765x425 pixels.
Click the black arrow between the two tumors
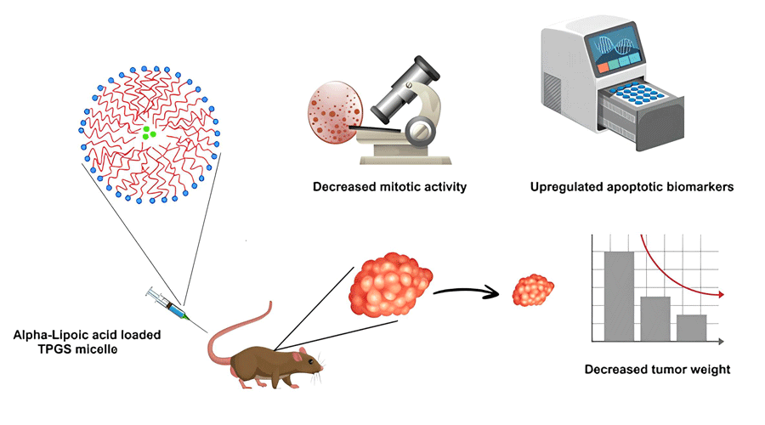point(467,292)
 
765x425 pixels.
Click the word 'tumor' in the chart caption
point(664,370)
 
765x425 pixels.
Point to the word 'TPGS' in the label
point(60,348)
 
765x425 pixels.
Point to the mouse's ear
point(292,348)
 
